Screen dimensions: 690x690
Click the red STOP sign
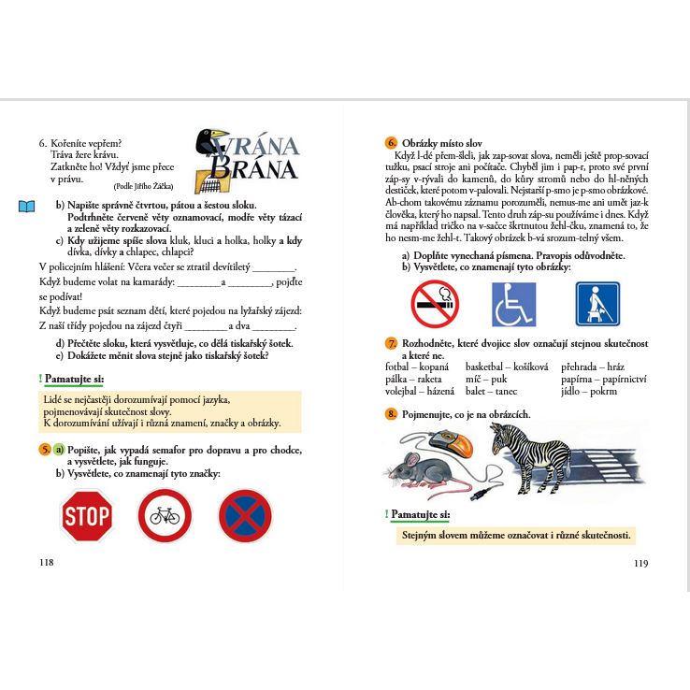87,516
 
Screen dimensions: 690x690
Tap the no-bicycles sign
165,516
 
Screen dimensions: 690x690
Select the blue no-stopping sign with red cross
245,516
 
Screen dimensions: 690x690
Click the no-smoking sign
435,304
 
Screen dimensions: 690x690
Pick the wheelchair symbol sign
514,304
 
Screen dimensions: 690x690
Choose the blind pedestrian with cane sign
597,304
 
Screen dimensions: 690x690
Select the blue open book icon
27,206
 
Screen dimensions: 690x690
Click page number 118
46,562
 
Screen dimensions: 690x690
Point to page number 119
640,563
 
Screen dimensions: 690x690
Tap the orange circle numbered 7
391,343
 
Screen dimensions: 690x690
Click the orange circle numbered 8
391,413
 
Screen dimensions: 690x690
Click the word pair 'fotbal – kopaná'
417,367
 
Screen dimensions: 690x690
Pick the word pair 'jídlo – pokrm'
589,391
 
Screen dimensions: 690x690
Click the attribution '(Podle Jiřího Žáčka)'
142,186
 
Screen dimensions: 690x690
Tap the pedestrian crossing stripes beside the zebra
598,467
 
